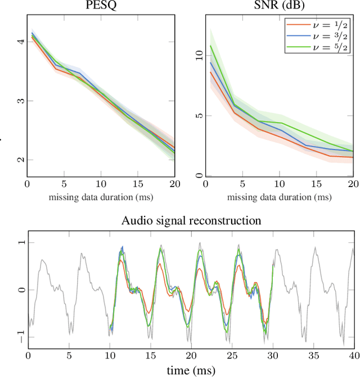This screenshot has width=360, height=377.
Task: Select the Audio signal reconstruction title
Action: pos(191,220)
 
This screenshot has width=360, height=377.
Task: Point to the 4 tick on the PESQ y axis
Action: pos(21,42)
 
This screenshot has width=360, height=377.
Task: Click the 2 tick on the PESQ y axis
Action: pos(21,160)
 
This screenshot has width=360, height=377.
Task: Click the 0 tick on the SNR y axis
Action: pos(199,176)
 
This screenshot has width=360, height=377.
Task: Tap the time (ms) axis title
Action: pos(191,370)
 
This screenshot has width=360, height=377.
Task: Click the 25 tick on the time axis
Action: pos(232,356)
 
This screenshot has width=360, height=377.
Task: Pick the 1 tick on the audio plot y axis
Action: pos(21,243)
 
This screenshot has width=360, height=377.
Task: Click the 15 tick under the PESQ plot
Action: pos(138,184)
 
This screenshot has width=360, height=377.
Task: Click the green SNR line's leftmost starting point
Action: pos(210,46)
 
